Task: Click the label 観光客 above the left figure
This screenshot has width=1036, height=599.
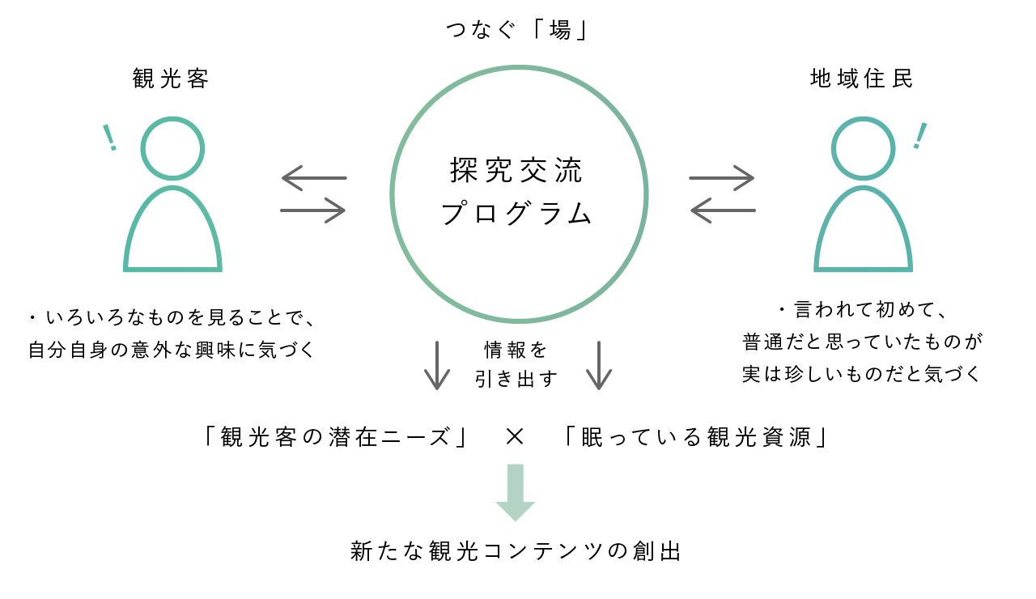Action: pos(171,79)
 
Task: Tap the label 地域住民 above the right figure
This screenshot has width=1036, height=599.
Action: pos(862,79)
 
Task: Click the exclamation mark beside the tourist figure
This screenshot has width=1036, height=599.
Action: pos(109,138)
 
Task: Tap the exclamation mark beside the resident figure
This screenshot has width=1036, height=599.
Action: pos(919,136)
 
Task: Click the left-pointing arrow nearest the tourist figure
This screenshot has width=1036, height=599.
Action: pos(313,177)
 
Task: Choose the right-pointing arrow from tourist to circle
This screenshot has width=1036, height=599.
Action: pos(313,210)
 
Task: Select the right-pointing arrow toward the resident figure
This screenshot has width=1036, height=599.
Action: pos(722,177)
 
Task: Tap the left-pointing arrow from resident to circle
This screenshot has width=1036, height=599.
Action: pos(722,210)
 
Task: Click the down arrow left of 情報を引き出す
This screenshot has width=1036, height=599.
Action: pos(437,365)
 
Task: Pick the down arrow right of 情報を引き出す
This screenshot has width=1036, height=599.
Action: pos(598,365)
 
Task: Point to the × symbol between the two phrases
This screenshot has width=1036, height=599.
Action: pos(515,437)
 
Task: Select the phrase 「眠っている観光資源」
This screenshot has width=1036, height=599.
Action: pos(695,437)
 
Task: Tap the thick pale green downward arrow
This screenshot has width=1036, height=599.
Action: pos(516,492)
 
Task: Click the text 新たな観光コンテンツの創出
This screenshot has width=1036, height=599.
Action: pos(516,551)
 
